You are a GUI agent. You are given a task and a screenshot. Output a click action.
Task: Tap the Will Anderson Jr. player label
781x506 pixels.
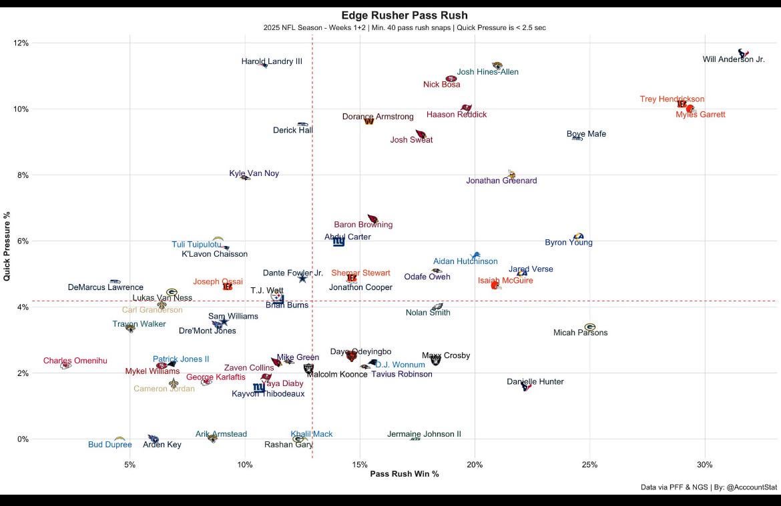point(734,59)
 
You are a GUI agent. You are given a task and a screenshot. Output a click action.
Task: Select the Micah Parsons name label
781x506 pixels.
point(580,333)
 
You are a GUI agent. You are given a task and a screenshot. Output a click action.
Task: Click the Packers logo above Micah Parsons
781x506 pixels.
point(589,327)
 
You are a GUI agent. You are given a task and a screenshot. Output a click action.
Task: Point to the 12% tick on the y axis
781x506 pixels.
point(21,43)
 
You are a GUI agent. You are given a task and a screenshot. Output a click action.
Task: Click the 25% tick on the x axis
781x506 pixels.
point(589,465)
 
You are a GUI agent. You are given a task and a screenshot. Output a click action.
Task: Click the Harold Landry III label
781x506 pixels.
point(272,61)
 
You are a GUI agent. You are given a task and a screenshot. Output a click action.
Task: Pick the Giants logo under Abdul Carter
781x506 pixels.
point(338,242)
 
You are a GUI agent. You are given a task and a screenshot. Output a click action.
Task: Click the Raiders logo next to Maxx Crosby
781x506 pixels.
point(435,361)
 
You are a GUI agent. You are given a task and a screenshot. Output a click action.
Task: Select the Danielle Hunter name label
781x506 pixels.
point(535,382)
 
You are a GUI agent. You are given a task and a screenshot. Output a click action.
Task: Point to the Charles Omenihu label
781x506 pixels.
point(75,361)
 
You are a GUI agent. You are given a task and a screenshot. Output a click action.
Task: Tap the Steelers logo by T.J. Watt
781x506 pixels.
point(277,298)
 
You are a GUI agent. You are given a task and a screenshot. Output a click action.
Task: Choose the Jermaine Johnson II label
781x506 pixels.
point(424,434)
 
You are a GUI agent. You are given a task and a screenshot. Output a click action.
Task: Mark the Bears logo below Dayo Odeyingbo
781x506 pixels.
point(351,356)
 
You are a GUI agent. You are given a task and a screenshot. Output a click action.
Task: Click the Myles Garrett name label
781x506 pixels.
point(700,115)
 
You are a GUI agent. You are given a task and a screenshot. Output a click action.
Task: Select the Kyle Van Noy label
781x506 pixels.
point(254,173)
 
